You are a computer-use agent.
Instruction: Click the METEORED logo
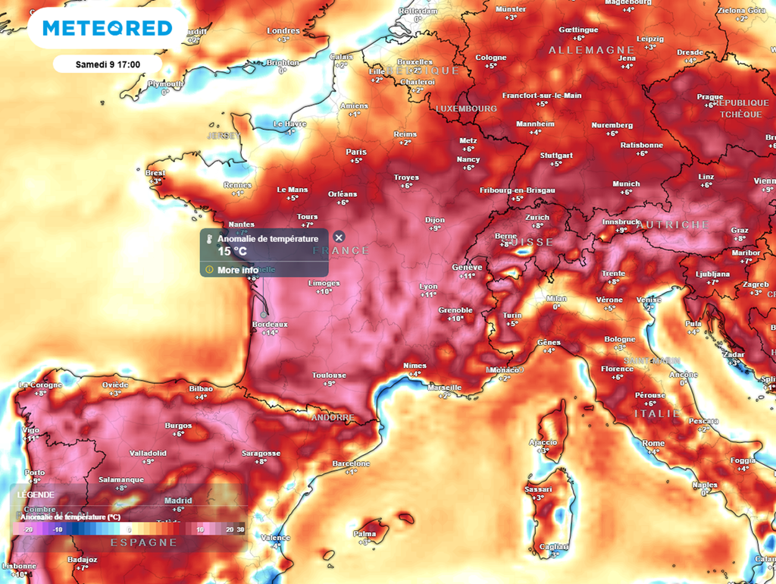[107, 28]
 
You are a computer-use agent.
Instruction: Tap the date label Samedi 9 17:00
[107, 64]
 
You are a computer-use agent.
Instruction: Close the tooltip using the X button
[339, 238]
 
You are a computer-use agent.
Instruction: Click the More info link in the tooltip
[237, 270]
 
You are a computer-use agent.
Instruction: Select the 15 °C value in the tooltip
[232, 251]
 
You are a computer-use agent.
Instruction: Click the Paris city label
[356, 152]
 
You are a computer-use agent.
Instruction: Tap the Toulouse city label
[329, 375]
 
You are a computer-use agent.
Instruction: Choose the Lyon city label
[428, 286]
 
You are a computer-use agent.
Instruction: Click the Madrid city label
[178, 501]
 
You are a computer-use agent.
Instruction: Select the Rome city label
[653, 443]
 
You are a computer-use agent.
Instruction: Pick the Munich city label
[626, 184]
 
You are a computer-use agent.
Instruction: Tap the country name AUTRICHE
[673, 225]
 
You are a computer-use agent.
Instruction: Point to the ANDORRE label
[332, 417]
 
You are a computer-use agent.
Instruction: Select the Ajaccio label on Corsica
[543, 442]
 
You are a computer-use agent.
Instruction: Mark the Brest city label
[155, 173]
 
